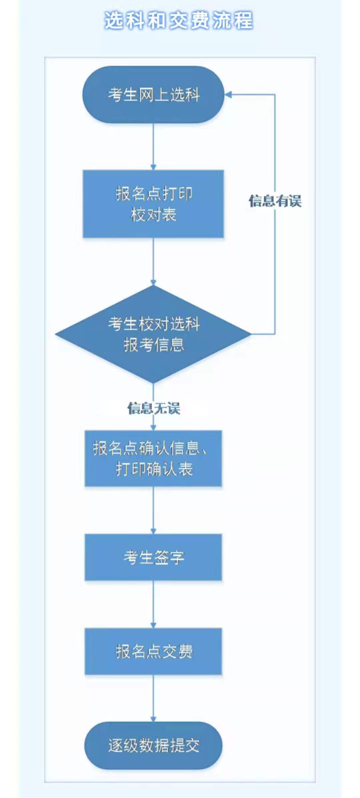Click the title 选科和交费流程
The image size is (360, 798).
coord(179,21)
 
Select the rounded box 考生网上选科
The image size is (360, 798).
coord(153,95)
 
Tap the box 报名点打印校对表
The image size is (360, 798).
coord(153,204)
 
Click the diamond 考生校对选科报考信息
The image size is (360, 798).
coord(153,334)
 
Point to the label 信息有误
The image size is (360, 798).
coord(275,201)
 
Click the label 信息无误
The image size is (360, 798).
coord(154,408)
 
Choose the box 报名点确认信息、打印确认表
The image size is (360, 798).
coord(153,458)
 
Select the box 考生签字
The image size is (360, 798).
coord(153,557)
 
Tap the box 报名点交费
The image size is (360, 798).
coord(153,651)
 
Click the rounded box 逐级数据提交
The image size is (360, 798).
coord(153,746)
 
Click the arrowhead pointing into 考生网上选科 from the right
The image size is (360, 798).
coord(228,95)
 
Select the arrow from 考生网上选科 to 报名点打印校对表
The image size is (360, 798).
coord(153,147)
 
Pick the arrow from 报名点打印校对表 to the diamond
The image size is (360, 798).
coord(153,262)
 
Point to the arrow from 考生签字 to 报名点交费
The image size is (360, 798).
coord(153,604)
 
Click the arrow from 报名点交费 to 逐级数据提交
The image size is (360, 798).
coord(153,698)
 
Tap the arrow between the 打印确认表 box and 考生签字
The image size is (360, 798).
coord(153,510)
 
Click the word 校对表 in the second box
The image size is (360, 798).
coord(153,215)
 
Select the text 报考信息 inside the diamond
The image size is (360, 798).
coord(154,345)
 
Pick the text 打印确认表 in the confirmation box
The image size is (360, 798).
coord(154,469)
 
